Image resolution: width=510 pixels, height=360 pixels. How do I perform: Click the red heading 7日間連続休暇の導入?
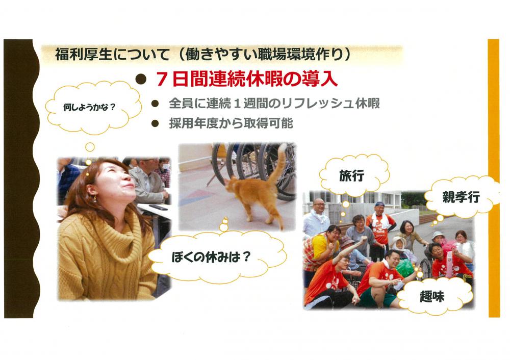pyautogui.click(x=246, y=79)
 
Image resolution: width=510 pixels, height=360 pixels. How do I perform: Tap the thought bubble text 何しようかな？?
pyautogui.click(x=89, y=107)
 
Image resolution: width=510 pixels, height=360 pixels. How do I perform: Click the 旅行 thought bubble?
pyautogui.click(x=353, y=175)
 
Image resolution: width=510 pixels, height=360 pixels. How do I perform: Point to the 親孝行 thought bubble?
pyautogui.click(x=461, y=197)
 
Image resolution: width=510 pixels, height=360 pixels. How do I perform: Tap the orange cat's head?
pyautogui.click(x=231, y=186)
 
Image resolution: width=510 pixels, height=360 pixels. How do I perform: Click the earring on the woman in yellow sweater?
pyautogui.click(x=95, y=198)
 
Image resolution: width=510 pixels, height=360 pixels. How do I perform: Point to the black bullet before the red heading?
pyautogui.click(x=140, y=79)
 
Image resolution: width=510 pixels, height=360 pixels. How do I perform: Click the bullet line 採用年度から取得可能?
pyautogui.click(x=231, y=123)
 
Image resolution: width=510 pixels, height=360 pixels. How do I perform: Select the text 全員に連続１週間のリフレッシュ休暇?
pyautogui.click(x=274, y=104)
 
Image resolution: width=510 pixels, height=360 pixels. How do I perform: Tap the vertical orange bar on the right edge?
pyautogui.click(x=494, y=178)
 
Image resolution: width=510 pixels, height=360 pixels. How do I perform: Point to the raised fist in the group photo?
pyautogui.click(x=363, y=240)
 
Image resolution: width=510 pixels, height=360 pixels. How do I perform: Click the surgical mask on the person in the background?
pyautogui.click(x=166, y=167)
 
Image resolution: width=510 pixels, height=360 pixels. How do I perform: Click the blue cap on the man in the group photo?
pyautogui.click(x=379, y=204)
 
